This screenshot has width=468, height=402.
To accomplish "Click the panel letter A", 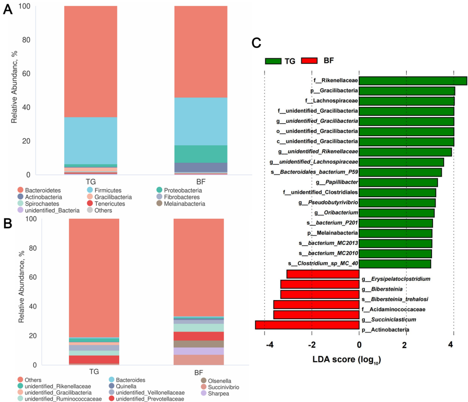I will [7, 10].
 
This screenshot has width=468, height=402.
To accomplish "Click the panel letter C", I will [257, 42].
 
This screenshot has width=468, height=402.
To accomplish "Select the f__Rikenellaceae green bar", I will [413, 81].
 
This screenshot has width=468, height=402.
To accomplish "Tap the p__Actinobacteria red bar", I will [307, 325].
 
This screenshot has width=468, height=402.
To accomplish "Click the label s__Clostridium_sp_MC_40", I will [323, 263].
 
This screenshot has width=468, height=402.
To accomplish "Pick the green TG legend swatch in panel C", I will [273, 61].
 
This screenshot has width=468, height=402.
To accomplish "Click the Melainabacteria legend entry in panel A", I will [184, 204].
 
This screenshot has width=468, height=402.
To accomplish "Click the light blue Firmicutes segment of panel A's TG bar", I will [90, 140].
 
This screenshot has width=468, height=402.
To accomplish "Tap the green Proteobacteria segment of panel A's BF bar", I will [201, 154].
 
